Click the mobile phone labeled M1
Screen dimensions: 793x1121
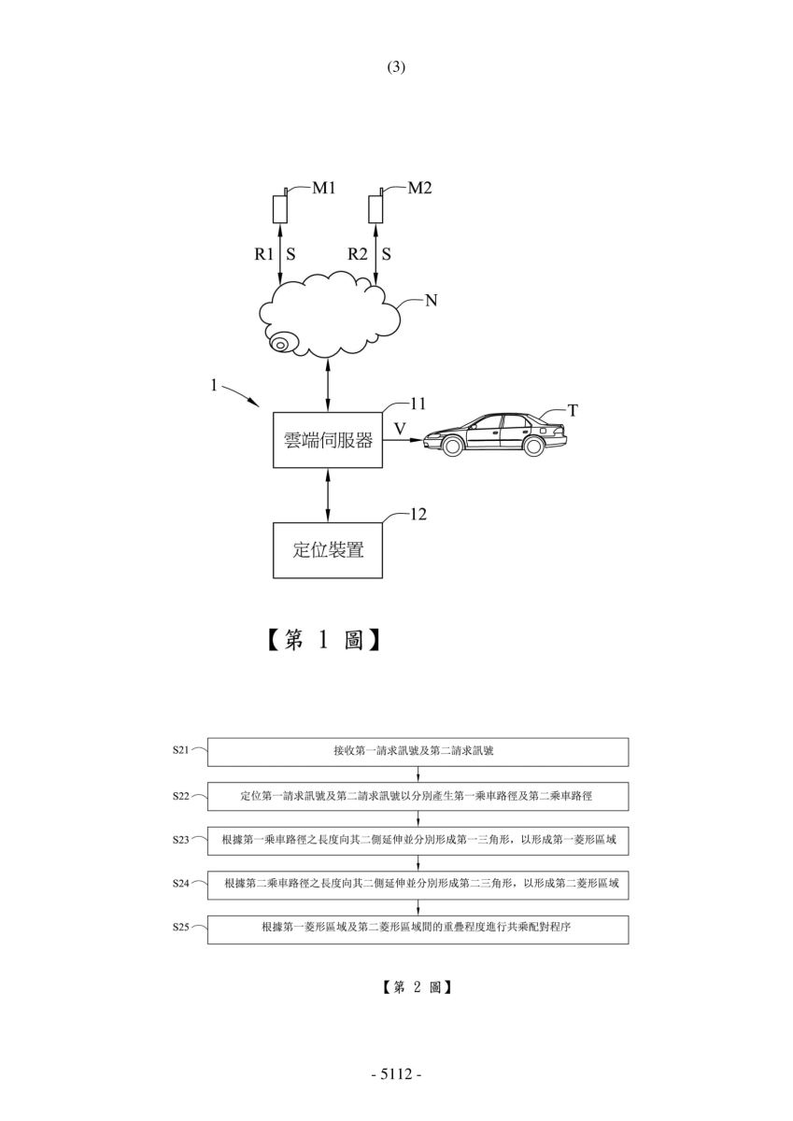[280, 206]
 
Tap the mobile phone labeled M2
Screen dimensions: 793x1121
[375, 206]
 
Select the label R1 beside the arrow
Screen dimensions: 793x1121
[263, 254]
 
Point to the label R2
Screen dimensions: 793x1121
[358, 254]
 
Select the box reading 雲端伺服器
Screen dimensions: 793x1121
[328, 440]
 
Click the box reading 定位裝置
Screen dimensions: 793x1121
[328, 550]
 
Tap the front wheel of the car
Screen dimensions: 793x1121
[452, 446]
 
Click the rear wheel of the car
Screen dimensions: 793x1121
[533, 446]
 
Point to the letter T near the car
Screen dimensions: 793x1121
[573, 411]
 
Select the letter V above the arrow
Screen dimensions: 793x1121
[401, 429]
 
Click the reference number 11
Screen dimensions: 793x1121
[418, 404]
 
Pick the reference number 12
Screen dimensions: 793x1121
[418, 515]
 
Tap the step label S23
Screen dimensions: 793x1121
[180, 839]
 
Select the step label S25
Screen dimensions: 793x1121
[180, 927]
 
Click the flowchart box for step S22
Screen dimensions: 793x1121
[418, 796]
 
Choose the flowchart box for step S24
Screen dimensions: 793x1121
[418, 886]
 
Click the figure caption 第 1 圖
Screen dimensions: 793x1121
[323, 640]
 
